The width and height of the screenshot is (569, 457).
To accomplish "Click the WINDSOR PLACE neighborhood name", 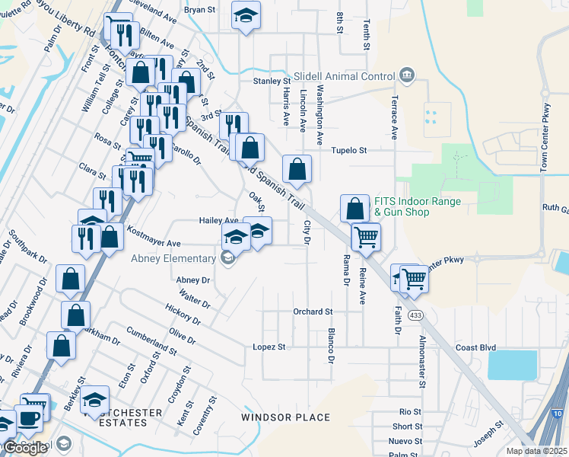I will point(286,417).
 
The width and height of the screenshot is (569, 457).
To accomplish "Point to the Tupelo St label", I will point(348,151).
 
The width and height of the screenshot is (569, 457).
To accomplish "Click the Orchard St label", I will point(313,312).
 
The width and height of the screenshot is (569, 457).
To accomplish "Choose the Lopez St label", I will point(269,347).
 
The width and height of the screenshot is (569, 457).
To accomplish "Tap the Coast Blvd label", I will point(475,347).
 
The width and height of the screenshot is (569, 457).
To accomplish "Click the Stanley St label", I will point(272,81).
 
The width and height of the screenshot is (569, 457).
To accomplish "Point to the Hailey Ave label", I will point(219,220).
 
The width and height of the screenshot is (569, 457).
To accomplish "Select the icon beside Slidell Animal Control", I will point(407,76).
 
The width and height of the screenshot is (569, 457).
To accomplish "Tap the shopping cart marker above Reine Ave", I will point(366,237).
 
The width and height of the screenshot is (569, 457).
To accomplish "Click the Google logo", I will point(25,448).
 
